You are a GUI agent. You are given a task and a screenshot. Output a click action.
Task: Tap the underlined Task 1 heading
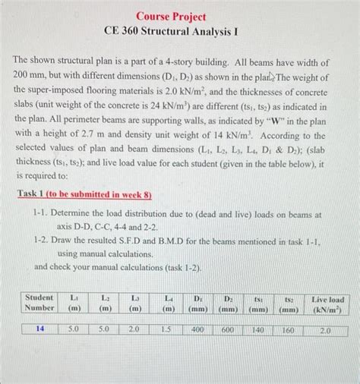(84, 194)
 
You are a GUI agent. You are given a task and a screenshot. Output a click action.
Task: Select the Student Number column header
(39, 303)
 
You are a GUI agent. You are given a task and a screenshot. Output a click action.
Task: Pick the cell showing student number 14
(39, 330)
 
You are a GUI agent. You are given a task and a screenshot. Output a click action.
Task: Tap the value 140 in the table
(258, 330)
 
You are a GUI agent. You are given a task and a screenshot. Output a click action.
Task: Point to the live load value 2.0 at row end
(326, 330)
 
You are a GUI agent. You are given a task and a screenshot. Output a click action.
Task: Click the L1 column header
(74, 303)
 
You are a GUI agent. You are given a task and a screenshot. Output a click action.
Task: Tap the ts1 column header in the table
(258, 303)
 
